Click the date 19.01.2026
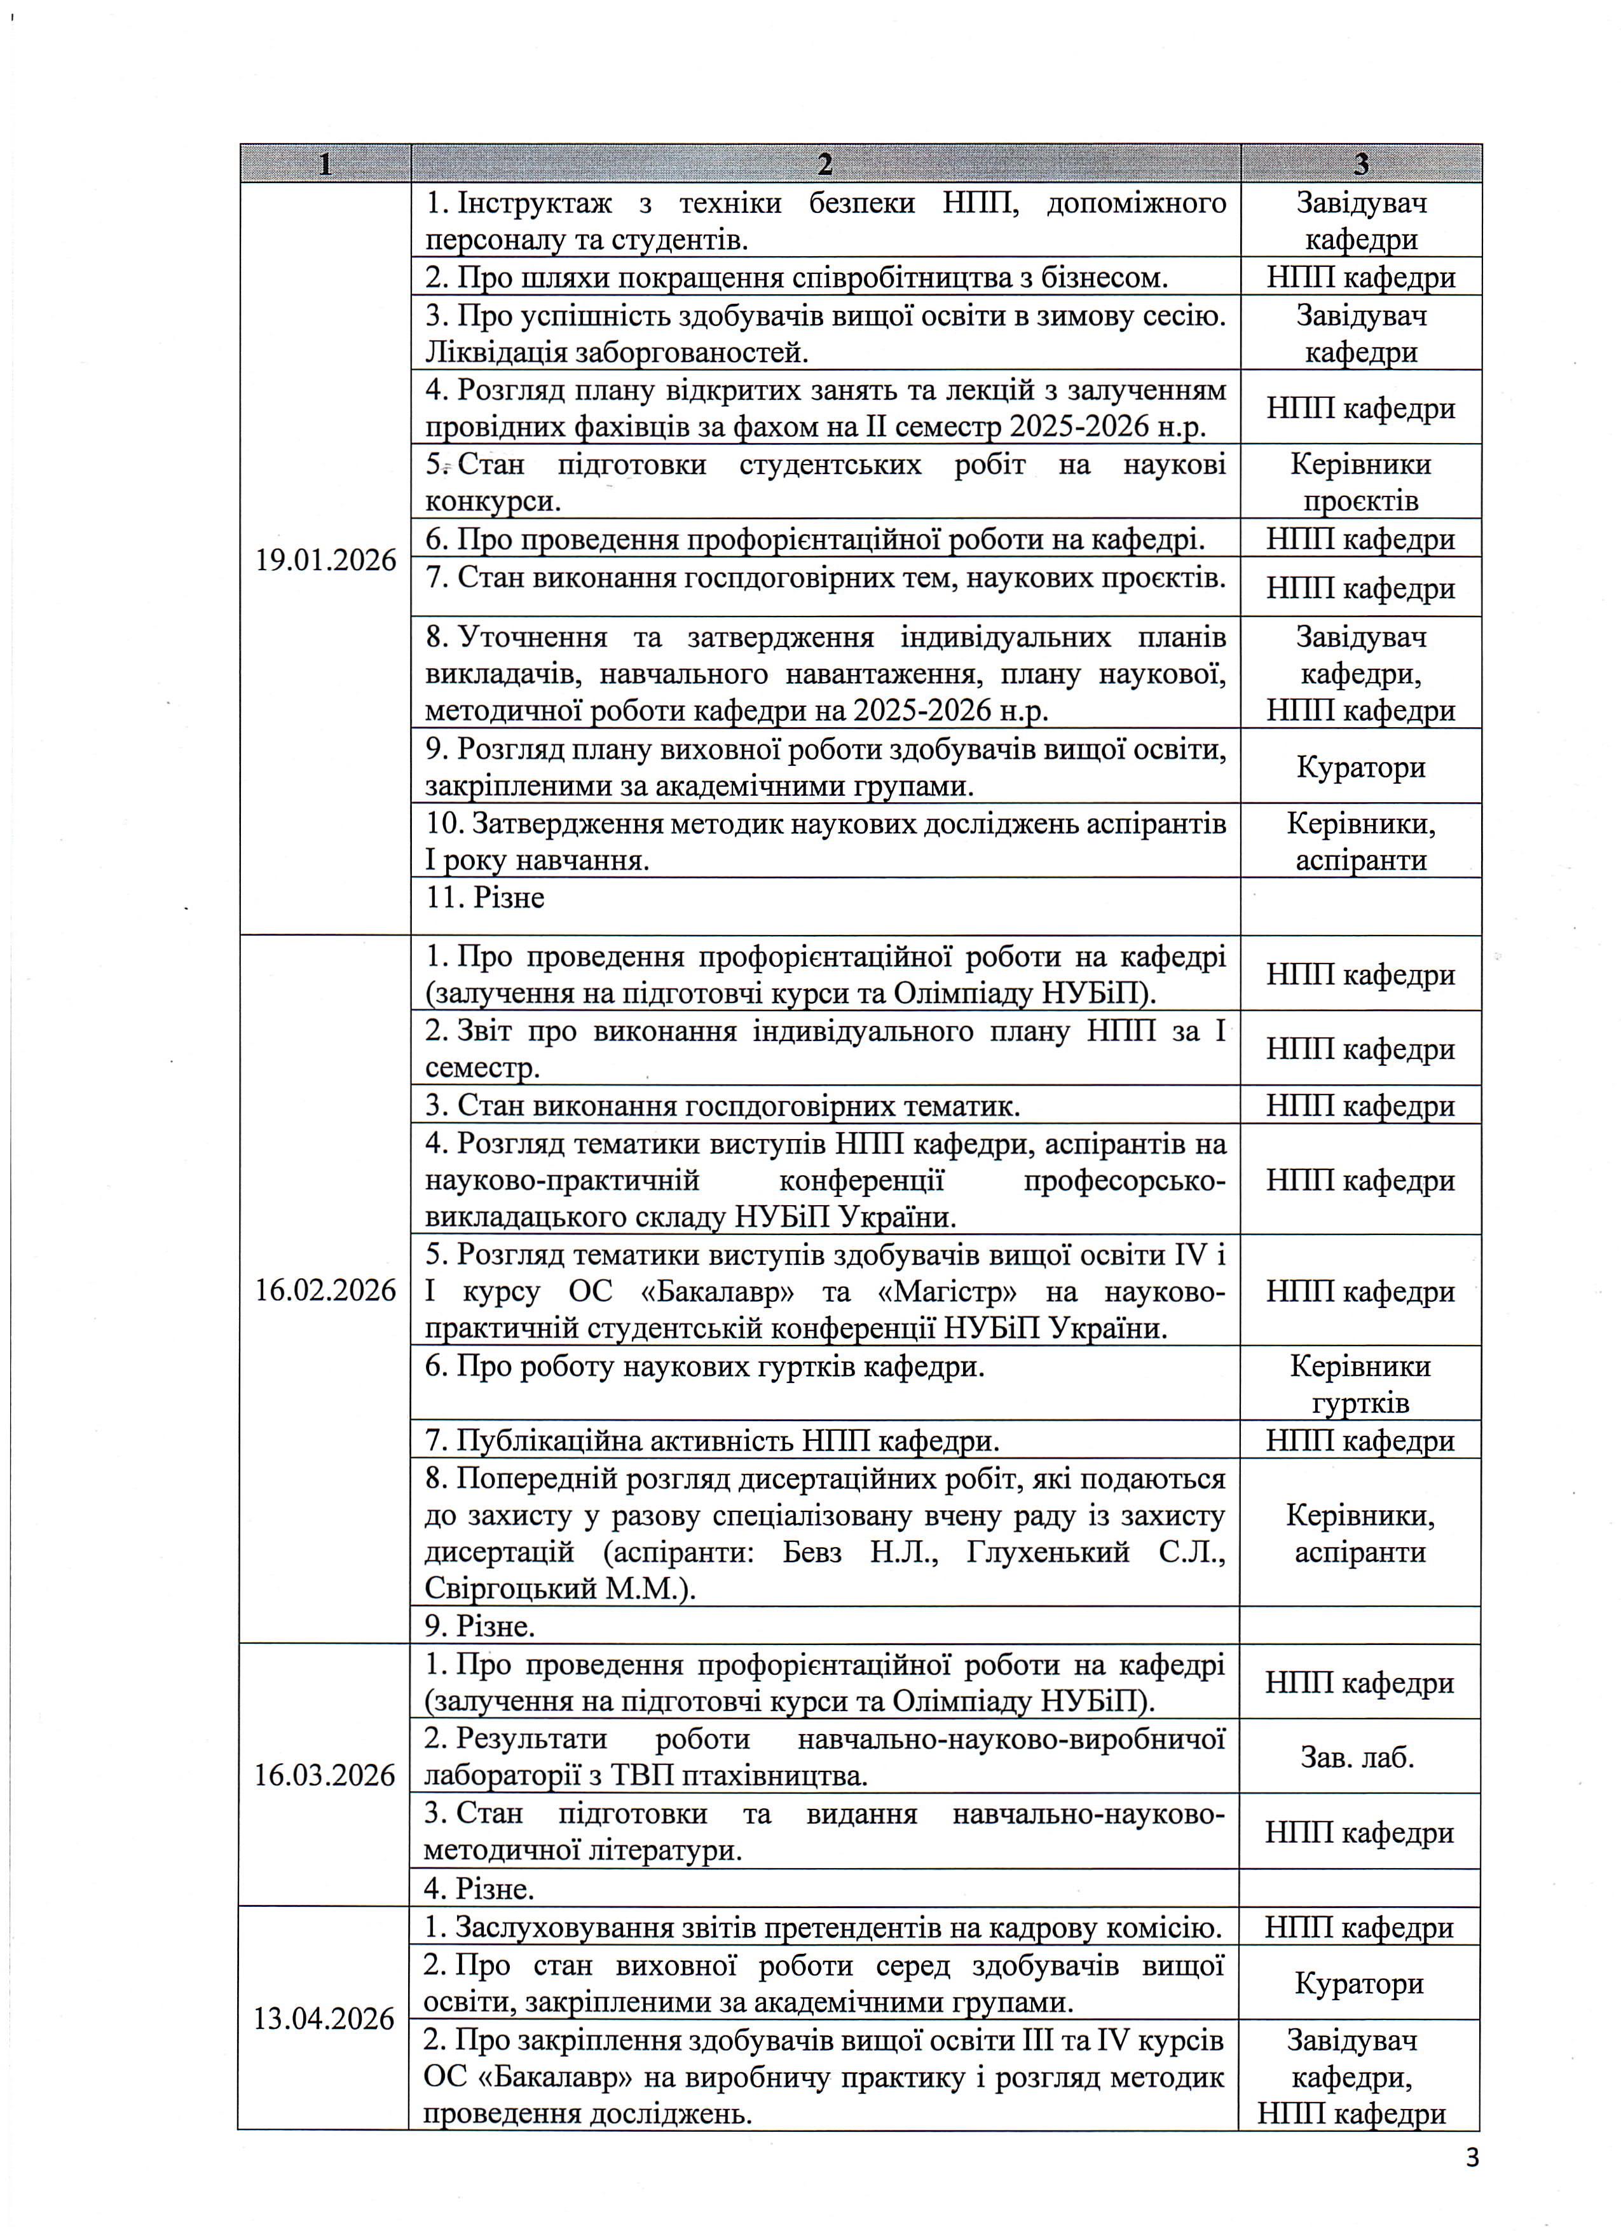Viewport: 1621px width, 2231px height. click(x=325, y=561)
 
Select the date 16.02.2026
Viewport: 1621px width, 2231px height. click(x=325, y=1290)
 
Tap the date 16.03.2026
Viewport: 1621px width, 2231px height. click(x=325, y=1775)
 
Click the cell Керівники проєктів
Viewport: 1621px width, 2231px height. click(x=1360, y=482)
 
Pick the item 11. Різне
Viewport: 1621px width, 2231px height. click(x=485, y=897)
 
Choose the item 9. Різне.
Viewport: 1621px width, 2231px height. click(x=480, y=1626)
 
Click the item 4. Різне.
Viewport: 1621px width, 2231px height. click(x=479, y=1888)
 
